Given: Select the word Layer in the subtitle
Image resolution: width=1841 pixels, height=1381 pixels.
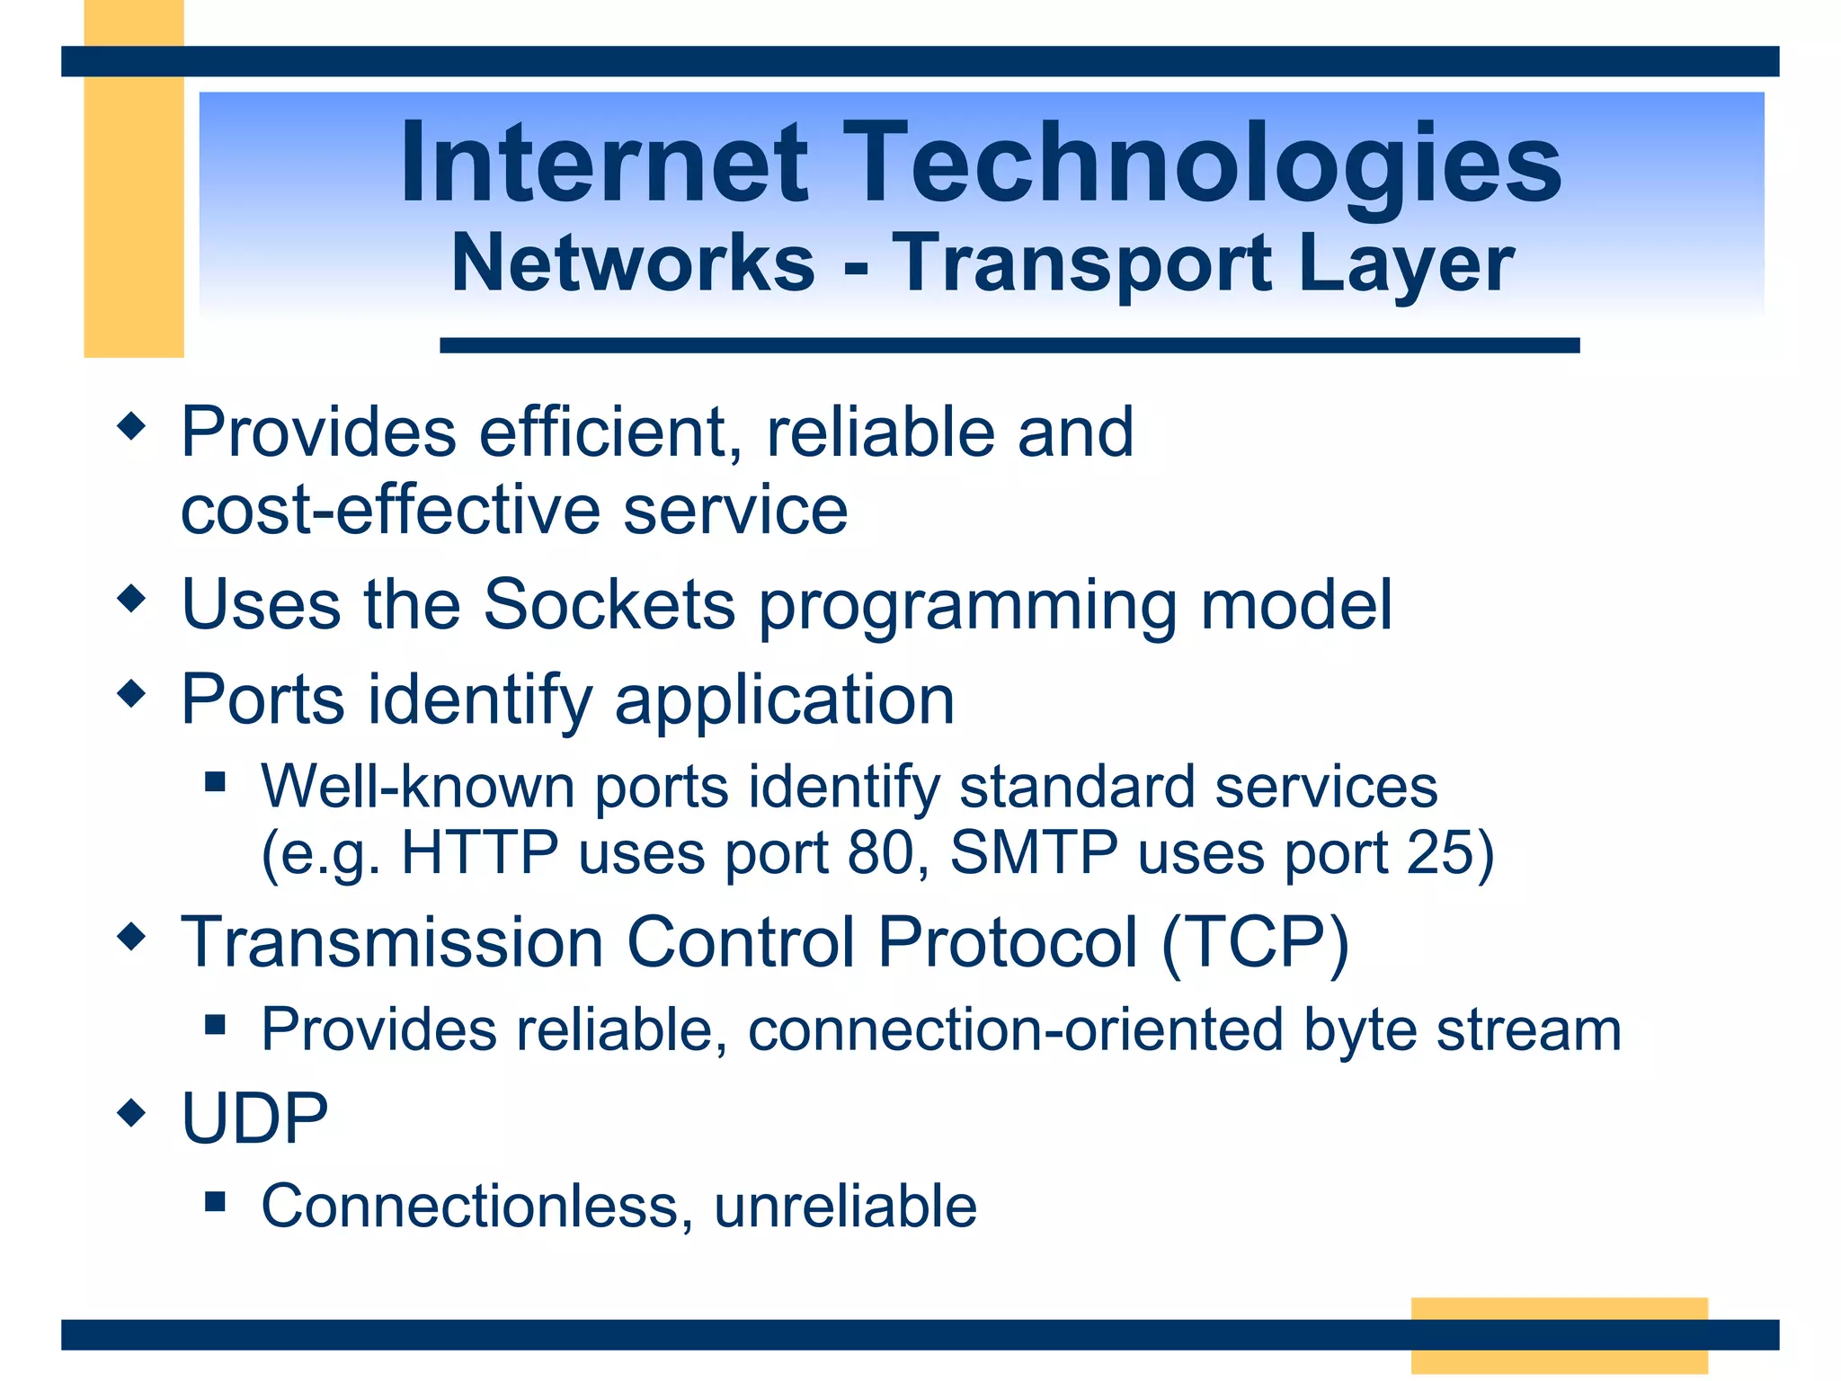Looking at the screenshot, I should coord(1406,264).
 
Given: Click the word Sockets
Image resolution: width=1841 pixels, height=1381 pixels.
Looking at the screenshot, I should coord(609,604).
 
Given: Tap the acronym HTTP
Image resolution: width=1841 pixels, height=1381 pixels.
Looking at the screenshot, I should coord(479,851).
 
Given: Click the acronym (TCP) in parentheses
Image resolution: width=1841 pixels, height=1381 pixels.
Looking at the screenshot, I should coord(1255,942).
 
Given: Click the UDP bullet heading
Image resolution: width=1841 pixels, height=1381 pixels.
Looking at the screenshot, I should coord(254,1118).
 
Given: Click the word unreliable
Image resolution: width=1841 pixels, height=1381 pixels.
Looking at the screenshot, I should coord(845,1206).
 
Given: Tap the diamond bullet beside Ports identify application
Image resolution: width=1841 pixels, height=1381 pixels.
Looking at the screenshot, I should coord(131,693).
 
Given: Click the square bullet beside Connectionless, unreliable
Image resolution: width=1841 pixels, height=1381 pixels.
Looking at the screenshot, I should coord(214,1201).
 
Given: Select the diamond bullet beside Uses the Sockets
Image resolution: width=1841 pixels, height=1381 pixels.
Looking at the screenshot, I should coord(131,598).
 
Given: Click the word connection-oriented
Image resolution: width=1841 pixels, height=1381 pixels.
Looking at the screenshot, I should coord(1015,1029).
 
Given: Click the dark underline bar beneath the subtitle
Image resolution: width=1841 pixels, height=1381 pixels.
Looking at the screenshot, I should coord(1009,345).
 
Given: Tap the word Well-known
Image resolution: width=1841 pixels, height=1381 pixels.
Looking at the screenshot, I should coord(417,787).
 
